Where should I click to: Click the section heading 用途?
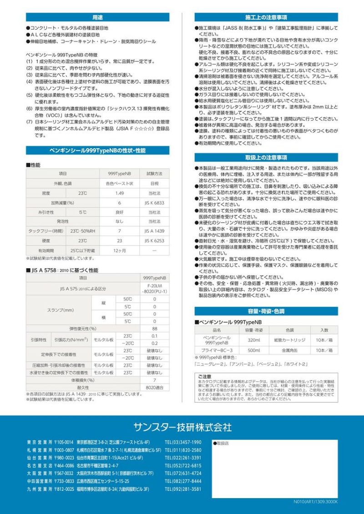click(97, 17)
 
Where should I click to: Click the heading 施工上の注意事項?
click(266, 17)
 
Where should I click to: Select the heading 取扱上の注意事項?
click(266, 157)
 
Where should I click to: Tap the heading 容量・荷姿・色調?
click(266, 311)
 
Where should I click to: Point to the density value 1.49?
click(119, 193)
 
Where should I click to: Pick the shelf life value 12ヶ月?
click(119, 250)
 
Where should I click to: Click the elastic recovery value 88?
click(155, 328)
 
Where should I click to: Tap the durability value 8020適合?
click(155, 387)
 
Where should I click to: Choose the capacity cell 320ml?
click(254, 340)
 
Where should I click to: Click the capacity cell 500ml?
click(254, 350)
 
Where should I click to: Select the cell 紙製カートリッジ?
click(290, 340)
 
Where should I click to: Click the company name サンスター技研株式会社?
click(182, 427)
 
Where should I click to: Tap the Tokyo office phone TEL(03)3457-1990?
click(183, 442)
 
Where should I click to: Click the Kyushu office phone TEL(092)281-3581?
click(183, 489)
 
